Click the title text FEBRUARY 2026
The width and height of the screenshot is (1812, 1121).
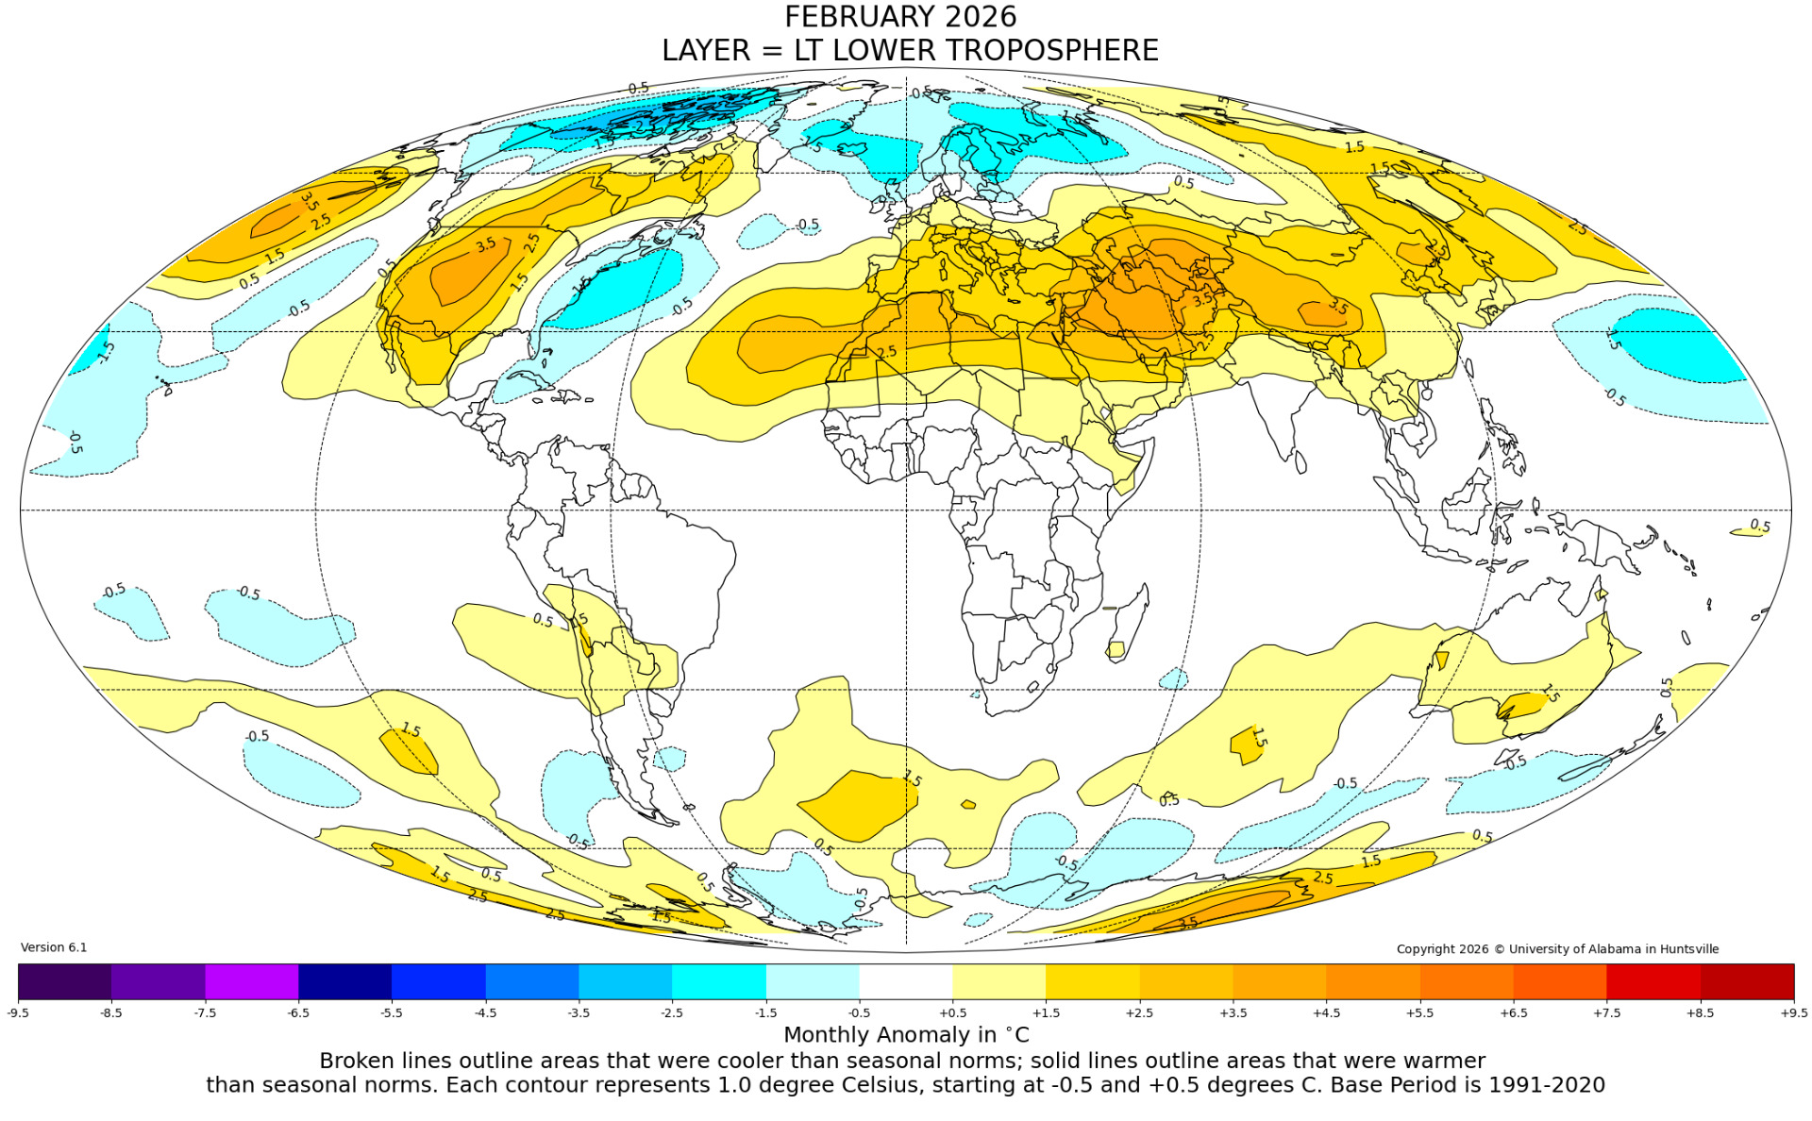coord(900,17)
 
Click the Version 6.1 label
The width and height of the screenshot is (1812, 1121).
coord(54,947)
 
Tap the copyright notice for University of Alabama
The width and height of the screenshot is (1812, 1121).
coord(1557,949)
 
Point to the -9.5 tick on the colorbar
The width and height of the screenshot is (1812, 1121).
coord(18,1012)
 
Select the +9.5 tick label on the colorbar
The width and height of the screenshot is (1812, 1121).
coord(1793,1012)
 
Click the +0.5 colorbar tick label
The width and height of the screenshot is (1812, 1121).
coord(952,1012)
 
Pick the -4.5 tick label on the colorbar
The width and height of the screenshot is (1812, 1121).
coord(485,1012)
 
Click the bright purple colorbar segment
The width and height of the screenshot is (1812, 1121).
coord(251,981)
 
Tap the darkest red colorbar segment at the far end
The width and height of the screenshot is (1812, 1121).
coord(1747,981)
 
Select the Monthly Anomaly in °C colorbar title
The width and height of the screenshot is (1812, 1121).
coord(906,1034)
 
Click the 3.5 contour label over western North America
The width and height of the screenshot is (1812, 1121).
coord(485,245)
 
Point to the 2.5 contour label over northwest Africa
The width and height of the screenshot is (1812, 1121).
coord(886,352)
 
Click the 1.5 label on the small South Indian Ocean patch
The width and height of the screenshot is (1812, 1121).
coord(1258,738)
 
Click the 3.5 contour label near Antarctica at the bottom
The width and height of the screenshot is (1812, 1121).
coord(1188,922)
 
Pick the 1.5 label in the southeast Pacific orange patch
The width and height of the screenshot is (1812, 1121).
coord(411,730)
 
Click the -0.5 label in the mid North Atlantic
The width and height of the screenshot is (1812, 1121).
coord(808,225)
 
